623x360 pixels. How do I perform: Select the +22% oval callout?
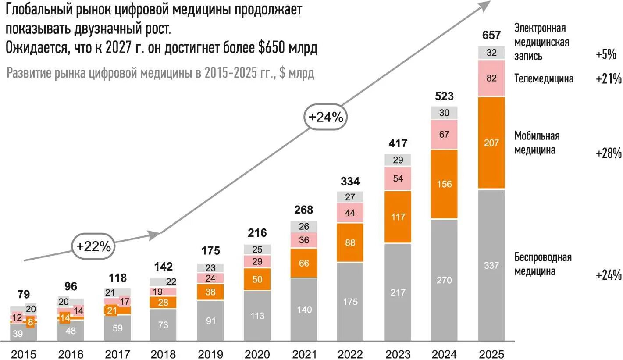93,246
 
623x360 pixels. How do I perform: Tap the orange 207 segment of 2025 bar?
491,143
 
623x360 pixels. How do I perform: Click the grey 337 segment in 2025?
491,265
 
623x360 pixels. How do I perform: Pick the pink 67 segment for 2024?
444,134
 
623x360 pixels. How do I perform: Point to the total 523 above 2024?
444,96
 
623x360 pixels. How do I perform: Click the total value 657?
491,35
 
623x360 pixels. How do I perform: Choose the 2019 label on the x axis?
210,353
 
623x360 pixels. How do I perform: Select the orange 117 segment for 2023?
398,217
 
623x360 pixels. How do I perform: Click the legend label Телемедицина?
544,78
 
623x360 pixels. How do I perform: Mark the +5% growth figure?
606,55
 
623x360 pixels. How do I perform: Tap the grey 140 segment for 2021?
303,310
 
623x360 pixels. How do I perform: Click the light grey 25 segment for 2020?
257,250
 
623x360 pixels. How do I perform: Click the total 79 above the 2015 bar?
23,294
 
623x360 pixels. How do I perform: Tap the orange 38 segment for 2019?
210,292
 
